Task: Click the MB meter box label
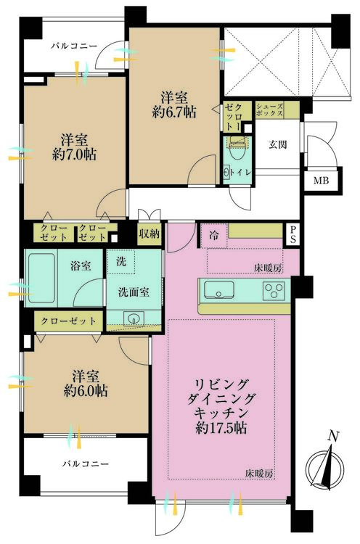coord(321,181)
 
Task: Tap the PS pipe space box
coord(293,234)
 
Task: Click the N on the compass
coord(334,437)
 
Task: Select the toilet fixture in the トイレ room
coord(237,148)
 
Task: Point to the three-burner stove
coord(274,290)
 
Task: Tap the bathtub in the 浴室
coord(41,278)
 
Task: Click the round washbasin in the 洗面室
coord(134,318)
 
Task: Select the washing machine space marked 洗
coord(120,262)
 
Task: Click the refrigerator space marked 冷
coord(214,236)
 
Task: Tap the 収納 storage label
coord(150,234)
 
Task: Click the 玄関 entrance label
coord(278,144)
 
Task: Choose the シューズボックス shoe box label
coord(269,110)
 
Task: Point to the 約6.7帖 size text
coord(174,112)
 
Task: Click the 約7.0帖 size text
coord(74,154)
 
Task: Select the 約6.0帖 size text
coord(86,391)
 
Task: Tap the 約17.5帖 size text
coord(221,429)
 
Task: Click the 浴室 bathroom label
coord(81,266)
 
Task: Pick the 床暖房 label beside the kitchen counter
coord(268,268)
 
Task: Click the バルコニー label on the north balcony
coord(74,46)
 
